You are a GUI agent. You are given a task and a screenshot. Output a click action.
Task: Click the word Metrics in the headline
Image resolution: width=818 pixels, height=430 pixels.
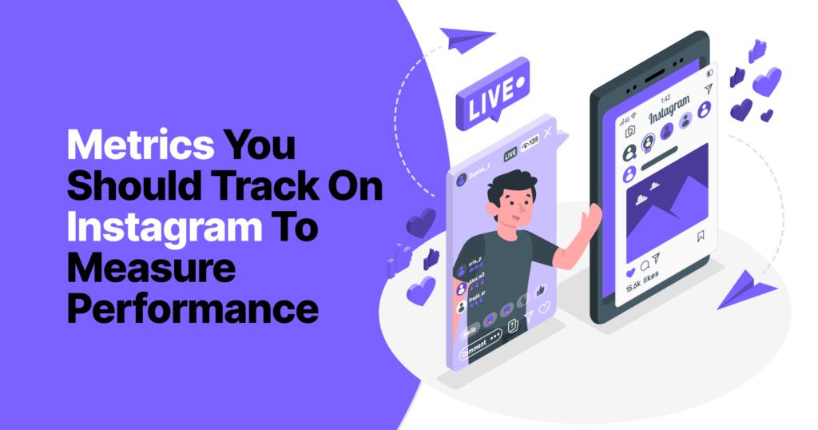(141, 147)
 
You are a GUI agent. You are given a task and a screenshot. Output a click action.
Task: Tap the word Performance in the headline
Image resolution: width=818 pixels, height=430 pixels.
(193, 308)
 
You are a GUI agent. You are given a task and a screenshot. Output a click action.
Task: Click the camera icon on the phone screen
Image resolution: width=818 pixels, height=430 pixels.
(629, 131)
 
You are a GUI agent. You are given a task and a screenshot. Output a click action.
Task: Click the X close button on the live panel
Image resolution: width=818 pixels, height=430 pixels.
(547, 131)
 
